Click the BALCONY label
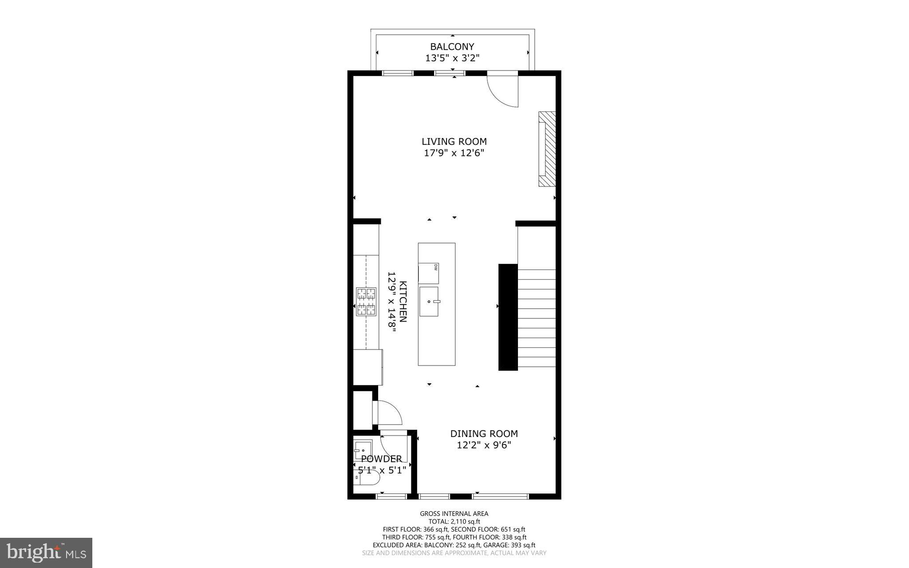(x=452, y=47)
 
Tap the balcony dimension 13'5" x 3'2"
(x=452, y=58)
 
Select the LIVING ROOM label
(x=454, y=142)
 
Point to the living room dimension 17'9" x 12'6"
(x=454, y=153)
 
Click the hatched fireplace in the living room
(x=547, y=149)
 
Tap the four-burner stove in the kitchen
(x=366, y=302)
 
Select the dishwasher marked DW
(x=429, y=274)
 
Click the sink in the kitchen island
(x=429, y=302)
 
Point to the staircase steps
(x=537, y=318)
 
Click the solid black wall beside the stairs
(x=508, y=317)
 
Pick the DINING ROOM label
(x=484, y=434)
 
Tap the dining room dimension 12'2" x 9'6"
(x=484, y=445)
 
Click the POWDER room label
(x=381, y=459)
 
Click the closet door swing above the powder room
(x=389, y=413)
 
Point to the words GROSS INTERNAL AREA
(x=454, y=514)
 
